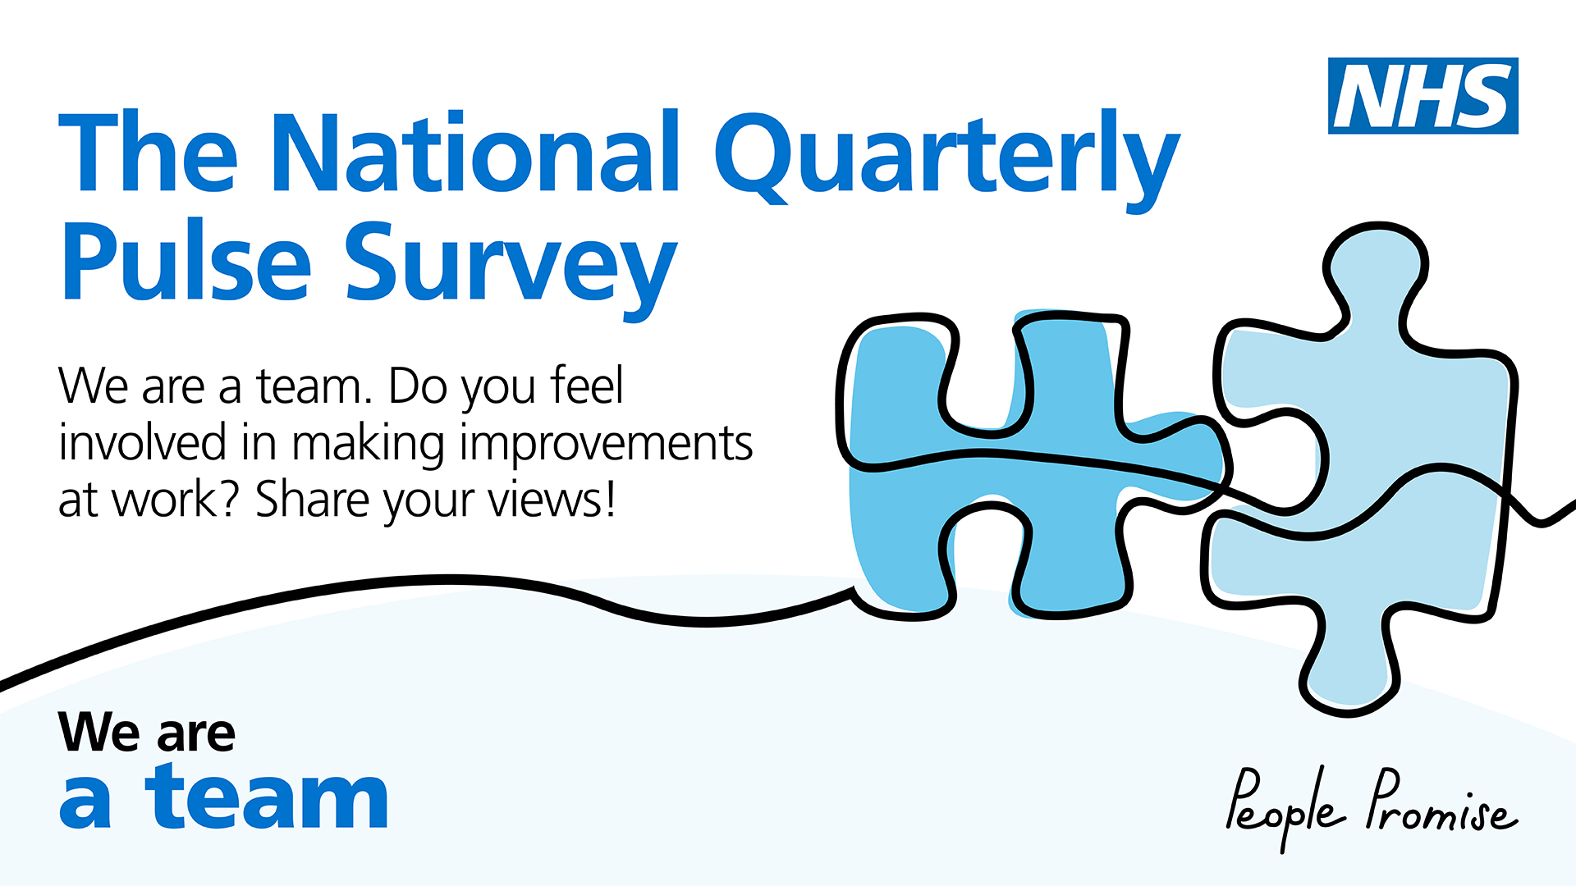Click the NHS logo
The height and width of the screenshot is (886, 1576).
click(1423, 96)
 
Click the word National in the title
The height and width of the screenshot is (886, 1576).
click(475, 153)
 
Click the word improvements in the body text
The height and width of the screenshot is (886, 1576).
click(606, 444)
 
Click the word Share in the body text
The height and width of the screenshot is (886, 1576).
click(313, 500)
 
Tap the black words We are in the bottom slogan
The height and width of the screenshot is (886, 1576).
click(147, 732)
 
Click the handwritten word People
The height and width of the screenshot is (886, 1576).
click(1285, 807)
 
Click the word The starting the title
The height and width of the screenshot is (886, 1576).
click(149, 153)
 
